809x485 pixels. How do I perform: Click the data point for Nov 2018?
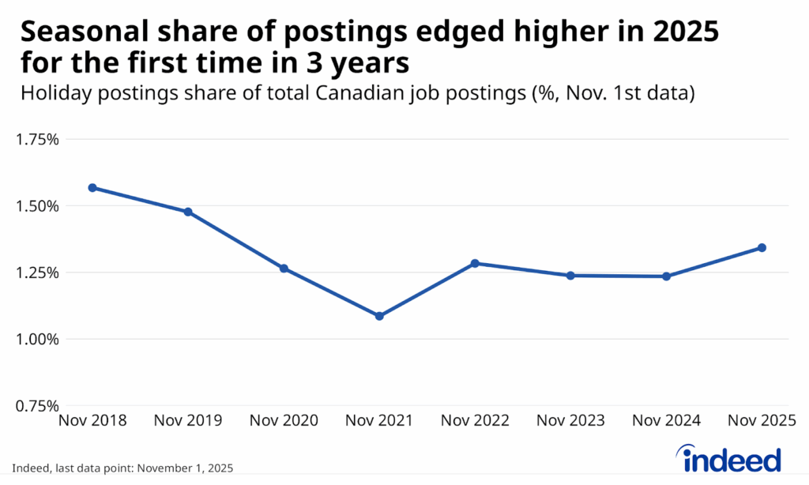(x=92, y=188)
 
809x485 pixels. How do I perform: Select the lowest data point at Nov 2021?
(x=379, y=316)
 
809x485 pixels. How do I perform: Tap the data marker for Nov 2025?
(x=762, y=247)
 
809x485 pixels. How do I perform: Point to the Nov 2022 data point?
(x=475, y=263)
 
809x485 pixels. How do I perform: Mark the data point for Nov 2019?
(x=188, y=212)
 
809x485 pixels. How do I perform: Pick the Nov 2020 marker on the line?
(x=284, y=269)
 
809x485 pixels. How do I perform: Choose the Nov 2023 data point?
(x=570, y=276)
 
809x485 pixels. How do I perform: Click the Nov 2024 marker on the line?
(x=666, y=276)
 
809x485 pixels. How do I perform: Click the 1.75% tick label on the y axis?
(x=37, y=140)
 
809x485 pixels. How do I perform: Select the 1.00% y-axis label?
(x=37, y=340)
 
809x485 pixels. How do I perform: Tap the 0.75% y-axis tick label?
(x=37, y=406)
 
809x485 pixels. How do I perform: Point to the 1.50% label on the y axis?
(x=37, y=206)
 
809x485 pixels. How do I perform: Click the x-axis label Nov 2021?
(x=379, y=421)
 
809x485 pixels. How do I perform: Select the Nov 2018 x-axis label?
(x=92, y=421)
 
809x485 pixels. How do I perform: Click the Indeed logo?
(x=729, y=457)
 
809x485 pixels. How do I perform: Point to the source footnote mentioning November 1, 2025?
(x=122, y=467)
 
